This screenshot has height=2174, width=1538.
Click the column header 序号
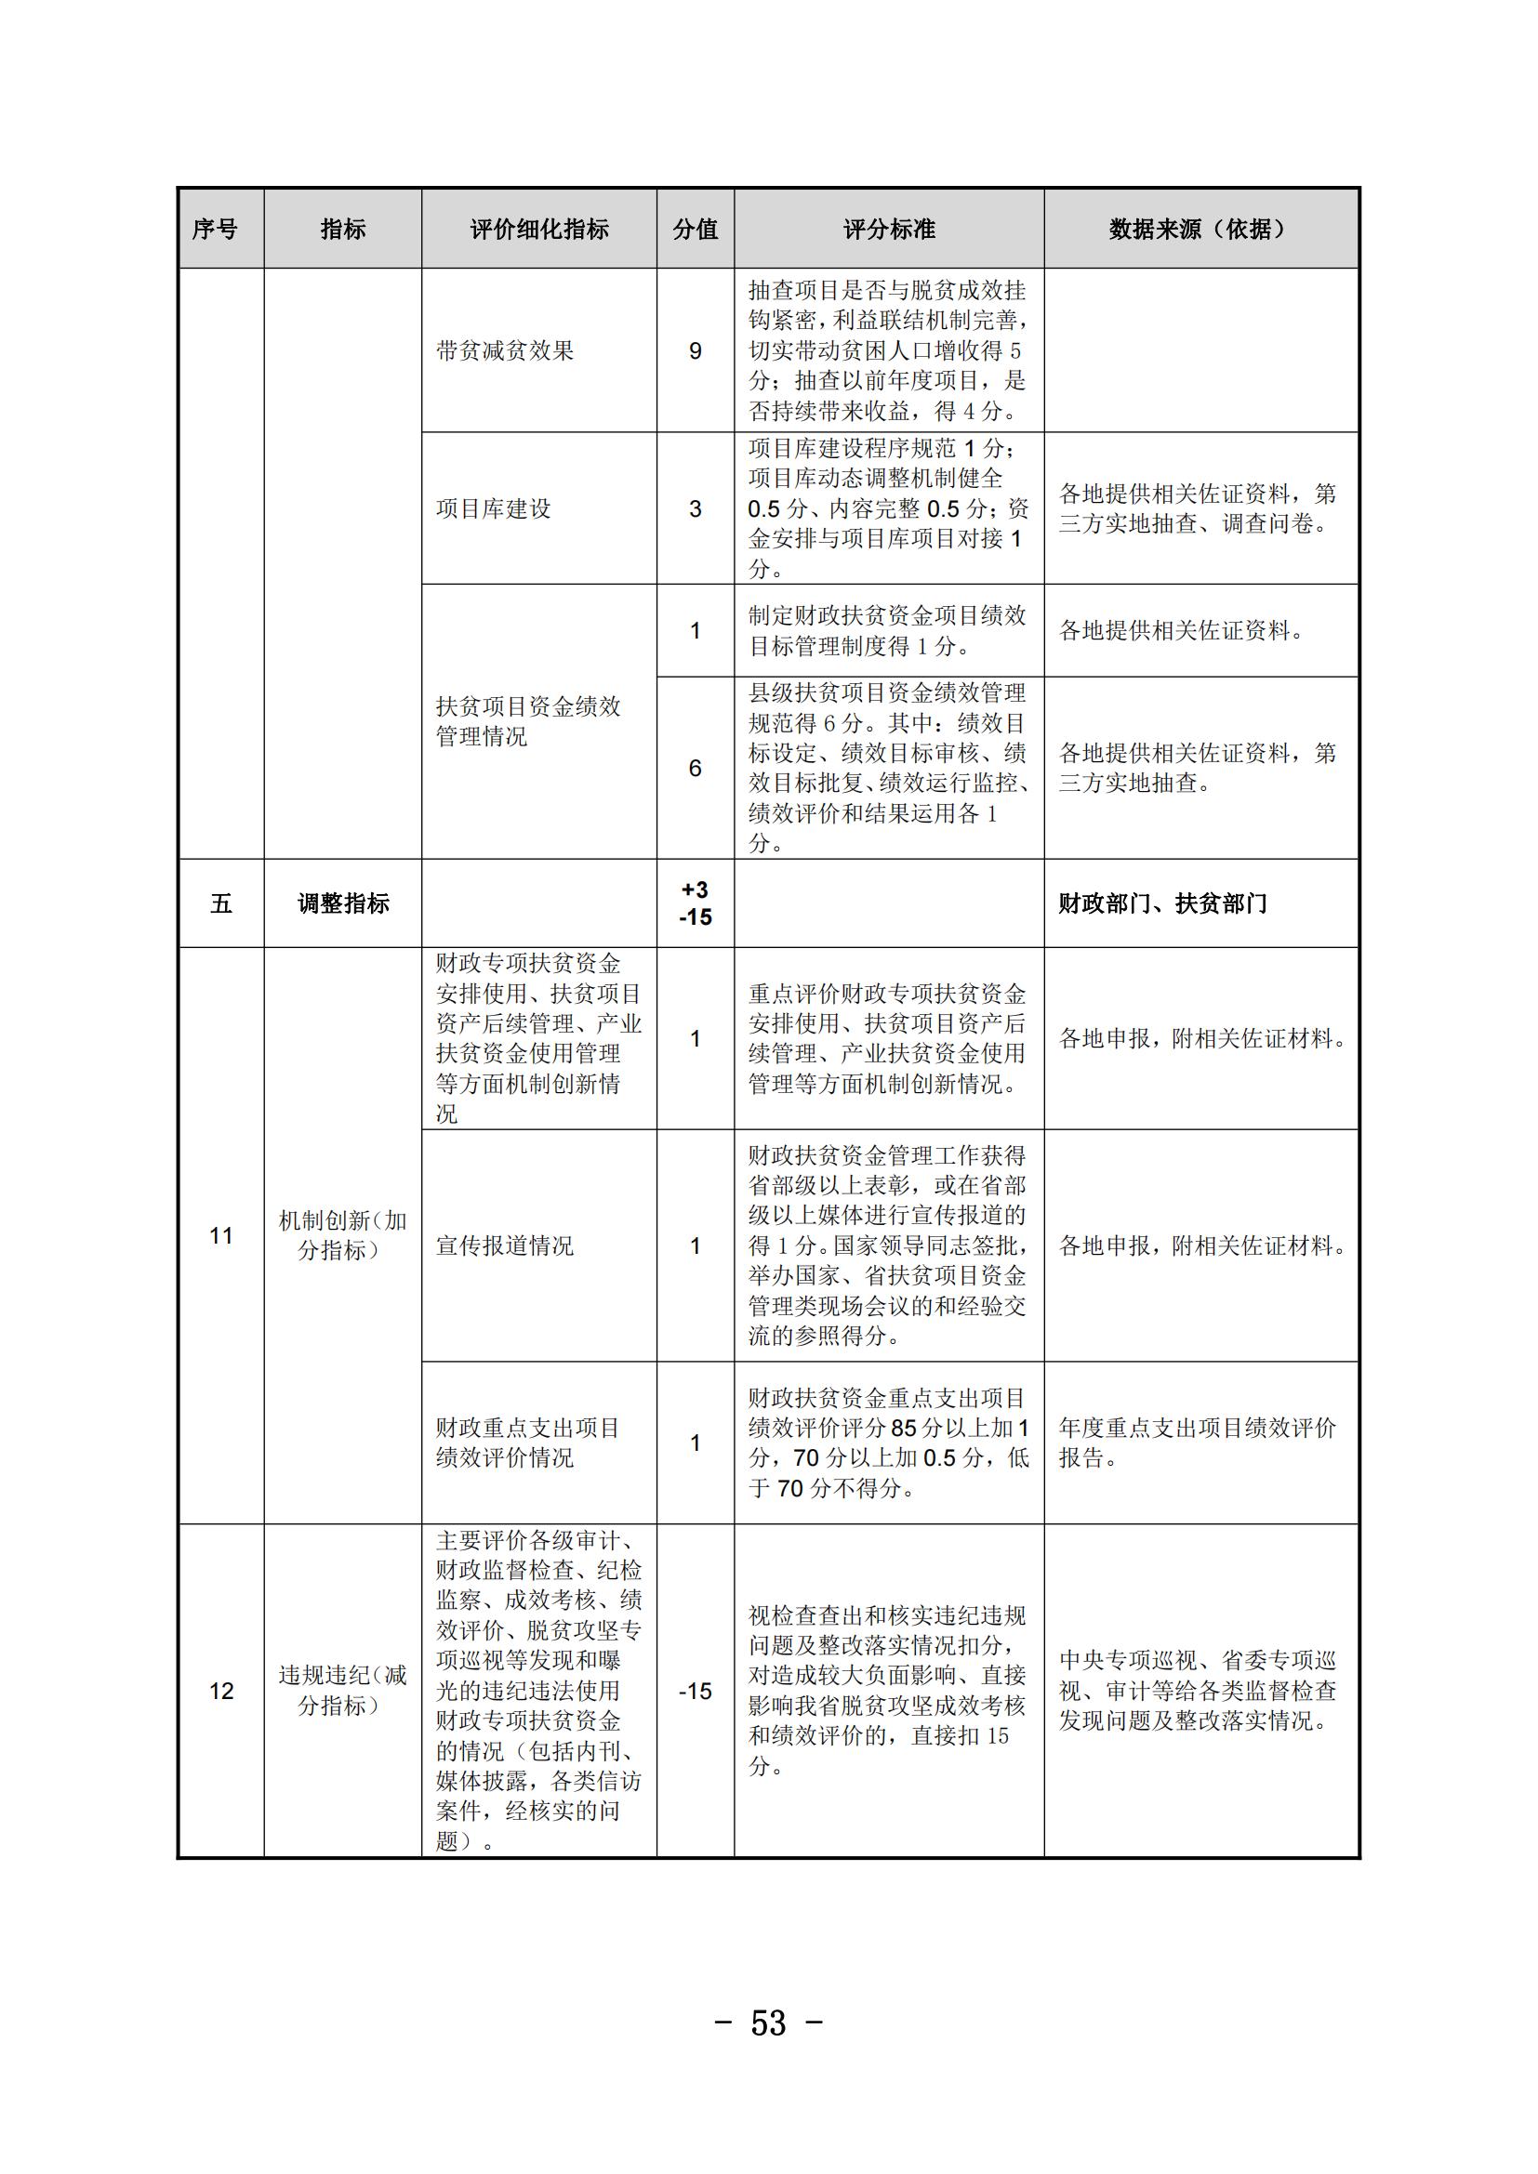point(215,230)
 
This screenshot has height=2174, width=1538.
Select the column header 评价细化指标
point(539,230)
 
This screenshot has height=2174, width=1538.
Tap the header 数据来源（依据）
point(1200,230)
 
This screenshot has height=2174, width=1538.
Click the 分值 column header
point(696,230)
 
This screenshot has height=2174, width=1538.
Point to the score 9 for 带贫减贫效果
point(696,351)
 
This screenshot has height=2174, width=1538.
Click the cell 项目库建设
point(494,509)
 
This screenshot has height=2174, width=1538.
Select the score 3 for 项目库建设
point(696,509)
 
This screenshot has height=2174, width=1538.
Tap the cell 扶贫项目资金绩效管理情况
point(527,720)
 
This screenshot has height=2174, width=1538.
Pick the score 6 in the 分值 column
point(696,768)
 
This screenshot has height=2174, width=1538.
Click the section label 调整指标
point(343,903)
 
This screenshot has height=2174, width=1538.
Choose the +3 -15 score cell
point(696,903)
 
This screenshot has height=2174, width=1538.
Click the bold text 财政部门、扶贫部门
point(1162,903)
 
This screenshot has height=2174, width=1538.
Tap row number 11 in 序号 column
point(220,1235)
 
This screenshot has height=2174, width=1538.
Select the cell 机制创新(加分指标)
point(342,1235)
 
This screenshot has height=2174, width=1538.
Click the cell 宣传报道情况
point(505,1246)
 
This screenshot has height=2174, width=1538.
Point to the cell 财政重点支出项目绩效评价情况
point(527,1443)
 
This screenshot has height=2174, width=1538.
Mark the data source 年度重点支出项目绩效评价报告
point(1196,1443)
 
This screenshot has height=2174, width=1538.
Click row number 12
point(220,1691)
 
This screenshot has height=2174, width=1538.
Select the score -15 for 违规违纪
point(696,1691)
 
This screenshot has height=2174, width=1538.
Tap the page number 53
point(768,2023)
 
